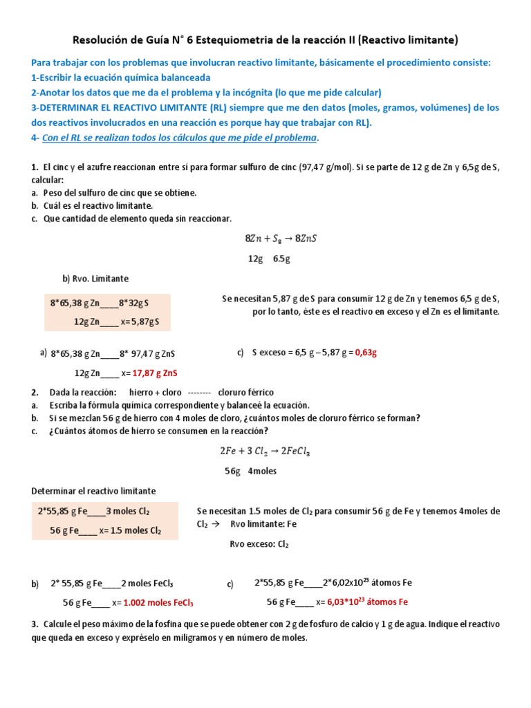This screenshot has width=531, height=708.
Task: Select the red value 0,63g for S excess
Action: (x=366, y=352)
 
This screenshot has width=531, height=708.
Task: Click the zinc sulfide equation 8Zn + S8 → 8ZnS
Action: (x=281, y=239)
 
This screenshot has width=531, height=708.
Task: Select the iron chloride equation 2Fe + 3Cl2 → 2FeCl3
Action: (x=265, y=451)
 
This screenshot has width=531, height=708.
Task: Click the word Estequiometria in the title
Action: (x=241, y=40)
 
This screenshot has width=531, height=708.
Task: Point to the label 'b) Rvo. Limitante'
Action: (x=95, y=279)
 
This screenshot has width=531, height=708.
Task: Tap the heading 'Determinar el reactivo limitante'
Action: (x=94, y=491)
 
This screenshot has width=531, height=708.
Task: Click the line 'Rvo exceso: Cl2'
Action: (x=259, y=544)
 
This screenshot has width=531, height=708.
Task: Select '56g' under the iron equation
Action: (x=232, y=471)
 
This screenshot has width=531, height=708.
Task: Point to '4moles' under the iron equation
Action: (x=262, y=471)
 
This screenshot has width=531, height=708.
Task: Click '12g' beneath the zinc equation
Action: (x=255, y=259)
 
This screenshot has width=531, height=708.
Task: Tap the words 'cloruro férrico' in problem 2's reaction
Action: (x=245, y=392)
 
